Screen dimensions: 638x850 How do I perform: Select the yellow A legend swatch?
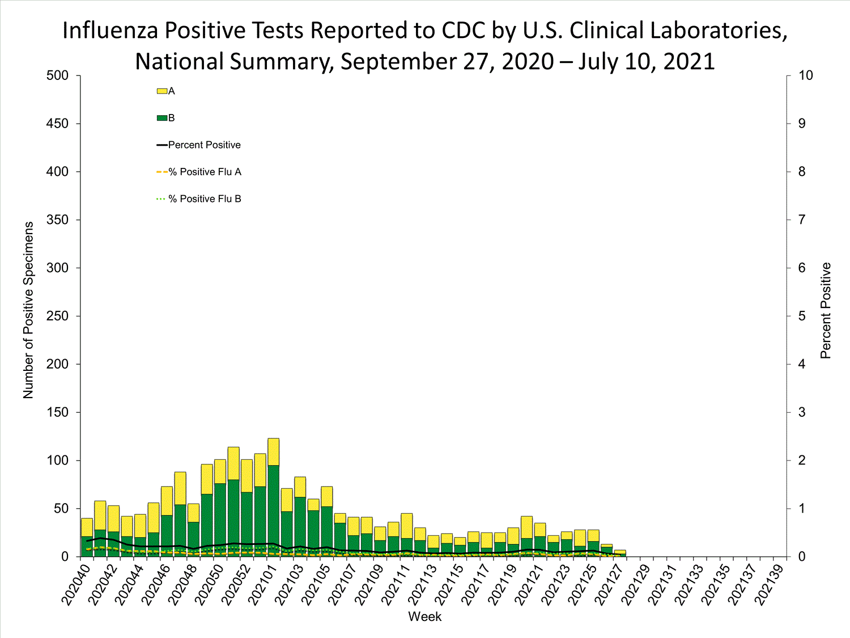pos(161,91)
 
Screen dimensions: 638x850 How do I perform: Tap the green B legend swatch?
pos(161,118)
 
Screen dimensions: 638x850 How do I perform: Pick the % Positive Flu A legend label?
pos(205,172)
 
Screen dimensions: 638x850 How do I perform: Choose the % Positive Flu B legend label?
pos(205,199)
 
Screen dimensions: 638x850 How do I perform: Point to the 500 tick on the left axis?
pos(57,75)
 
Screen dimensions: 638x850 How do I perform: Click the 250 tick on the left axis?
pos(57,316)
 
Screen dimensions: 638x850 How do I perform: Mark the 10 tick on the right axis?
pos(805,75)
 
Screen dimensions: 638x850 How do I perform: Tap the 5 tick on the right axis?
pos(802,316)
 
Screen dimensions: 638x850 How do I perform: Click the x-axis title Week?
pos(424,616)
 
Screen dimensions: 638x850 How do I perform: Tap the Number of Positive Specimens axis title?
pos(28,310)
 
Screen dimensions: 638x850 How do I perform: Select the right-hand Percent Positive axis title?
pos(825,310)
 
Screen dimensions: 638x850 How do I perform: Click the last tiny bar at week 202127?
pos(620,553)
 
